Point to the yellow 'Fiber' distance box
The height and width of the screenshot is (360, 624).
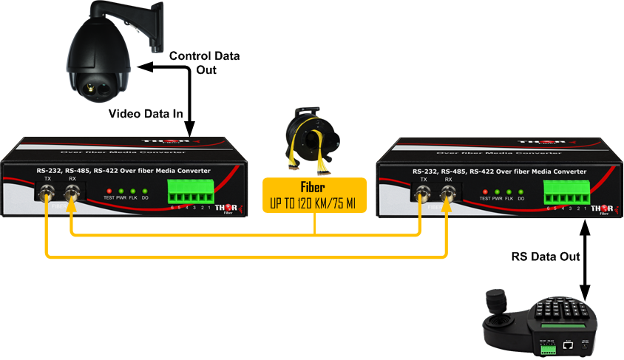click(314, 194)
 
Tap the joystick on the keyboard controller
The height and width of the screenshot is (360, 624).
click(493, 304)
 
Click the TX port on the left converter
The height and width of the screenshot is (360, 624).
click(48, 195)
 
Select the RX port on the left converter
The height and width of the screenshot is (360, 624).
click(72, 195)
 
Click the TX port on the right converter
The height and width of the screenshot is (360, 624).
click(424, 195)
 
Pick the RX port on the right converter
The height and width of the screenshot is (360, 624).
click(448, 195)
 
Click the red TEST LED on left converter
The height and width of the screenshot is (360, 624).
click(109, 191)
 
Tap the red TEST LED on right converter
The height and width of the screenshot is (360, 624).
click(485, 191)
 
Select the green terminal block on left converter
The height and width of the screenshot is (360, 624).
click(191, 193)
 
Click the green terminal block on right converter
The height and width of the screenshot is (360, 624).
click(567, 193)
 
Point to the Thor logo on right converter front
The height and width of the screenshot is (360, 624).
click(602, 209)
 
